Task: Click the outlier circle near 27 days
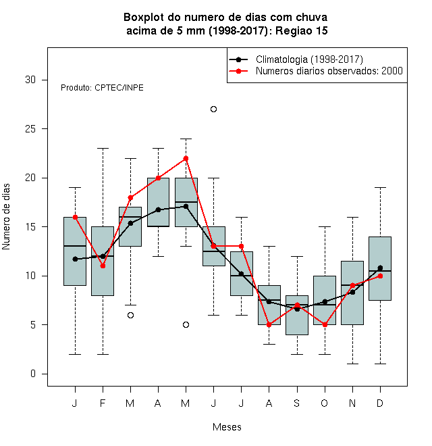pyautogui.click(x=213, y=109)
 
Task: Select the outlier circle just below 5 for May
pyautogui.click(x=186, y=324)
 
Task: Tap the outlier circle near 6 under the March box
pyautogui.click(x=130, y=315)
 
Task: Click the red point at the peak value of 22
pyautogui.click(x=186, y=158)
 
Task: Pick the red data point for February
pyautogui.click(x=103, y=266)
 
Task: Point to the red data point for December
pyautogui.click(x=380, y=276)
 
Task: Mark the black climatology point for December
pyautogui.click(x=380, y=268)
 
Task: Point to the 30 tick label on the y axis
pyautogui.click(x=30, y=80)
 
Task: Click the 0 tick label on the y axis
pyautogui.click(x=33, y=374)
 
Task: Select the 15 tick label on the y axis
pyautogui.click(x=30, y=227)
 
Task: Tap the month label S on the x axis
pyautogui.click(x=297, y=403)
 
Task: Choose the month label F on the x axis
pyautogui.click(x=103, y=403)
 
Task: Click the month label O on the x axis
pyautogui.click(x=324, y=403)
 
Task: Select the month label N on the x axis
pyautogui.click(x=352, y=403)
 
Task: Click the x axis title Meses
pyautogui.click(x=227, y=427)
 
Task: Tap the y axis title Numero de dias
pyautogui.click(x=6, y=217)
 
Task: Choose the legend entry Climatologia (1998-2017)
pyautogui.click(x=310, y=59)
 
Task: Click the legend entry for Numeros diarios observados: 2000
pyautogui.click(x=329, y=71)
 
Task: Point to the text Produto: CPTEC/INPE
pyautogui.click(x=102, y=88)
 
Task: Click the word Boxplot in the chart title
pyautogui.click(x=144, y=18)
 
